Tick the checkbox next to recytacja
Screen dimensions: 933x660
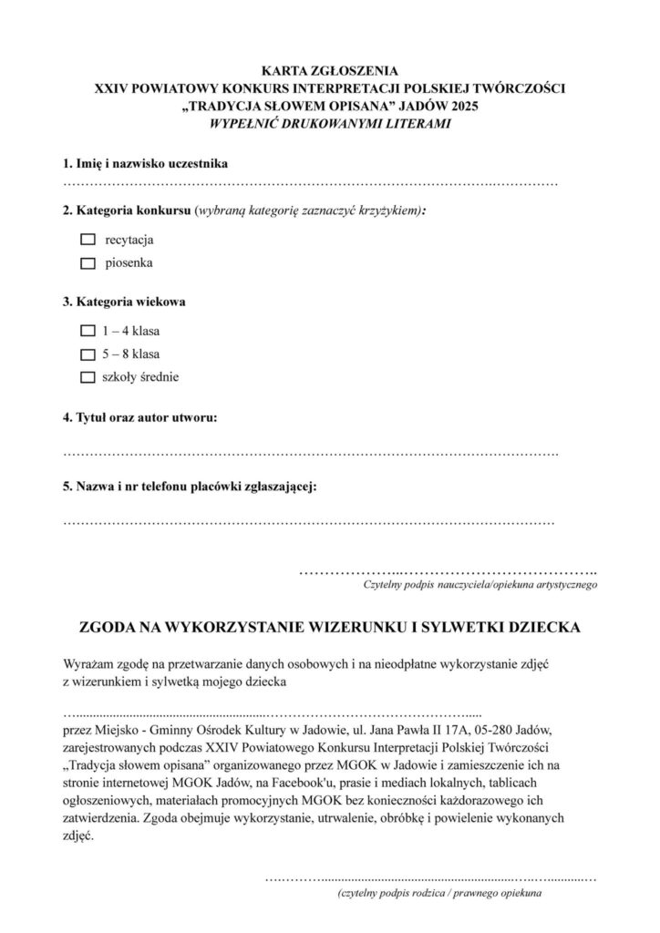(x=88, y=241)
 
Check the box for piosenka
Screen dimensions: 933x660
(x=88, y=263)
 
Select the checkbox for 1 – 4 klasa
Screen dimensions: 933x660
(x=88, y=331)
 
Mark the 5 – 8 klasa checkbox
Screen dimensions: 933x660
(x=88, y=354)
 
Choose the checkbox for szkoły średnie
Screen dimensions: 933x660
(x=88, y=376)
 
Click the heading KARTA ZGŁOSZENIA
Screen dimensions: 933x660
(x=329, y=68)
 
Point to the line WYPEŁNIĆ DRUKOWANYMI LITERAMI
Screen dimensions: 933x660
(x=329, y=124)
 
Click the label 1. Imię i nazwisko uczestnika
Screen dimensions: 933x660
(x=145, y=164)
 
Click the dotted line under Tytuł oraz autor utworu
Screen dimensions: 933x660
(x=310, y=452)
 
